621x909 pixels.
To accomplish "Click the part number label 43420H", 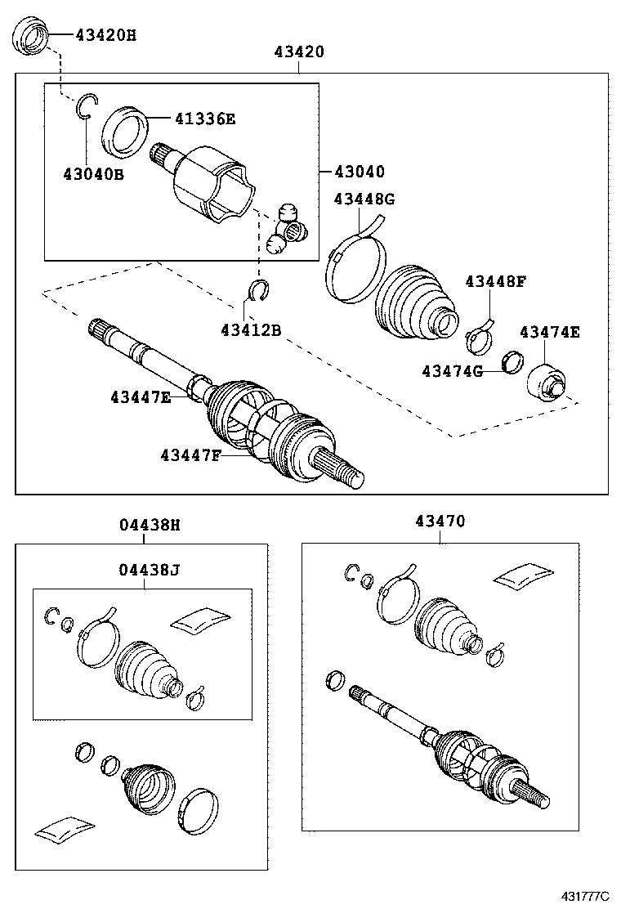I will click(106, 35).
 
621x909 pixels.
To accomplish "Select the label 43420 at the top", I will click(299, 51).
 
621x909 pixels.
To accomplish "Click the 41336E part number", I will click(204, 119).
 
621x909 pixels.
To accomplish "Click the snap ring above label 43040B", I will click(86, 108).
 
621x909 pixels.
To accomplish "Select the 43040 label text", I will click(358, 172).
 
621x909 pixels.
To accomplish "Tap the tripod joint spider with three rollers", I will click(287, 230).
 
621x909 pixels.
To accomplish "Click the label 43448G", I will click(364, 199).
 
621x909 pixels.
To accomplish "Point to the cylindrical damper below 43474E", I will click(546, 383).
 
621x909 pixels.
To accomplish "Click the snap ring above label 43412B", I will click(258, 289).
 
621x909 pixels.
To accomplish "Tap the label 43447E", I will click(141, 397).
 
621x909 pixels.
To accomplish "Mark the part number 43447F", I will click(190, 454).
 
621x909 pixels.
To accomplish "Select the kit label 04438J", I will click(148, 570).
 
